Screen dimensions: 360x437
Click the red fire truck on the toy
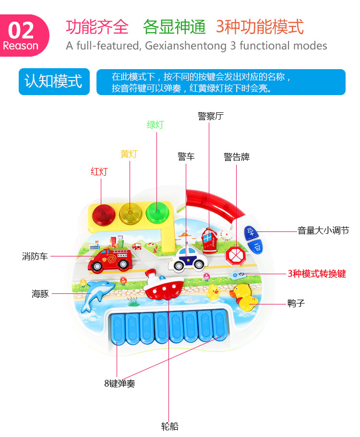(x=111, y=260)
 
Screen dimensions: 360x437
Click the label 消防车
(x=35, y=256)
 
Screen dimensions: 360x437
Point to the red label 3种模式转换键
(x=317, y=274)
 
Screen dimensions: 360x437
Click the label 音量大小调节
(x=323, y=231)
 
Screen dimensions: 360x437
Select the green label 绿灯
(x=156, y=125)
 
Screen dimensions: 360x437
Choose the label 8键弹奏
(x=120, y=384)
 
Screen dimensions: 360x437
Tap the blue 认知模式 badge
(x=54, y=81)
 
